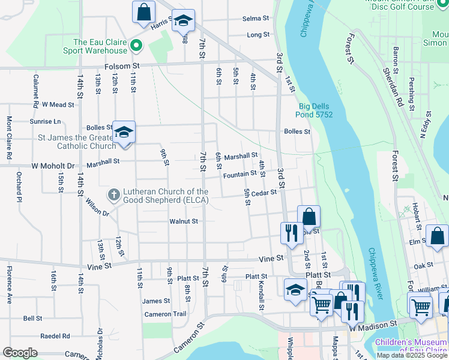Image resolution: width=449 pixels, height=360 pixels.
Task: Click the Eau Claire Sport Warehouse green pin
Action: click(x=136, y=45)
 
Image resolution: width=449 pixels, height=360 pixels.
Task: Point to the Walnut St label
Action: click(x=184, y=221)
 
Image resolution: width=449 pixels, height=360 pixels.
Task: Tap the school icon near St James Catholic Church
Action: click(x=124, y=133)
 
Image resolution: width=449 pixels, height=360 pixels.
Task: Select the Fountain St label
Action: click(x=240, y=175)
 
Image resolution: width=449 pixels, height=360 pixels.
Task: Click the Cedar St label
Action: click(x=264, y=193)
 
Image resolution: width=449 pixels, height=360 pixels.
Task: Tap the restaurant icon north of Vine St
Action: click(x=292, y=232)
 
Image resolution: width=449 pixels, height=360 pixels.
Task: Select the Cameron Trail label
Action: click(x=166, y=314)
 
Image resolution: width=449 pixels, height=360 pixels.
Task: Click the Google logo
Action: click(x=20, y=353)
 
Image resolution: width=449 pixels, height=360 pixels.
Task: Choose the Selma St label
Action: click(x=255, y=19)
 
